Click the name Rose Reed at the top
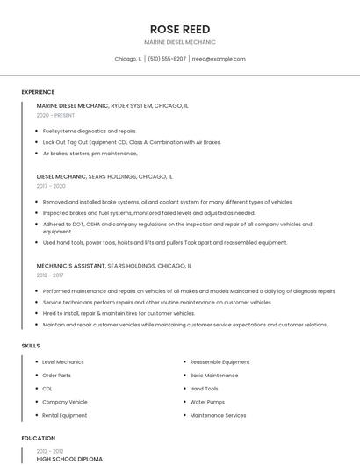[180, 29]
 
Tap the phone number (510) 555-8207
[167, 59]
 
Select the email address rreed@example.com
[219, 59]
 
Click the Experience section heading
[38, 92]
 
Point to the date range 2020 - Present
[55, 115]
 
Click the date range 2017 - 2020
[51, 186]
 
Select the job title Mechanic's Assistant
[70, 265]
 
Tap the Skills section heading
[31, 346]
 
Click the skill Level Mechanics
[63, 361]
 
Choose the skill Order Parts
[57, 376]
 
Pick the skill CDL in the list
[47, 389]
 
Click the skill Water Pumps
[207, 402]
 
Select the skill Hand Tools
[205, 389]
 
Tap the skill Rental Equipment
[65, 415]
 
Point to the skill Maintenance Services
[218, 415]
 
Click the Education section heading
[38, 438]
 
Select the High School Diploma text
[69, 459]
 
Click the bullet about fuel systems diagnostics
[90, 131]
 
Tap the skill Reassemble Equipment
[220, 361]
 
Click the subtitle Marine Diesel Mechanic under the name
[180, 42]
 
